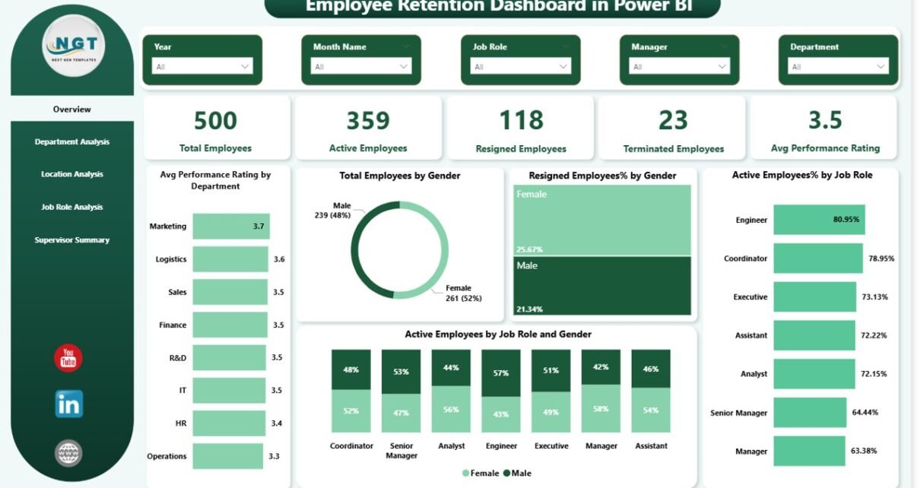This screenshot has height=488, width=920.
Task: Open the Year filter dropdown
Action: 202,67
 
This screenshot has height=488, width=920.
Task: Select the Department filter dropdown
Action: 839,67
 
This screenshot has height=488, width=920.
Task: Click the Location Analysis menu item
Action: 72,174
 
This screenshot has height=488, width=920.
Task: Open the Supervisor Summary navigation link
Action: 72,240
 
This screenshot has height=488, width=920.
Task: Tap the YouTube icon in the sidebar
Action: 68,358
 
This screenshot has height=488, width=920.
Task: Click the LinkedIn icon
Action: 68,404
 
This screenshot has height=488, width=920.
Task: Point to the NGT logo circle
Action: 72,46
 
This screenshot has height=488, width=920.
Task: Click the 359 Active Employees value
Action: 368,121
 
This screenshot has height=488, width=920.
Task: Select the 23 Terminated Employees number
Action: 673,121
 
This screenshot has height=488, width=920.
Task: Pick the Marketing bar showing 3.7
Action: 230,227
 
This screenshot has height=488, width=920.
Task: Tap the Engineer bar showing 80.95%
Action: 819,220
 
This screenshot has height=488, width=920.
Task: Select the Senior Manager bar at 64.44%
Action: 810,413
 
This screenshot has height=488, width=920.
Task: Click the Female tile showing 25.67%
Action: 602,220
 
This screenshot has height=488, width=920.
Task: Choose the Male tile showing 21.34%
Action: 602,285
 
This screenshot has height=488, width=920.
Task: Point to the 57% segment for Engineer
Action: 501,372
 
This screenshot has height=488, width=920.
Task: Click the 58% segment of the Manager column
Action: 601,409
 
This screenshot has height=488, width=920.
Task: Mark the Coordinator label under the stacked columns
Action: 351,446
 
